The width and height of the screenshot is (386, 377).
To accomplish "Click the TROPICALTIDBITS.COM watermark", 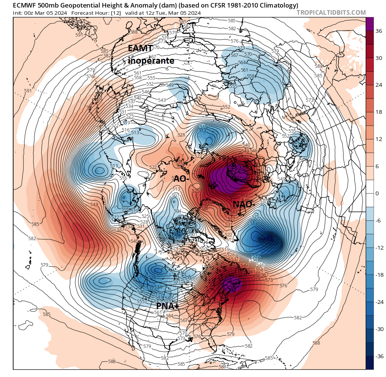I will pos(331,12).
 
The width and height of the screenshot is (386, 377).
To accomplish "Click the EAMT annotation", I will pos(140,48).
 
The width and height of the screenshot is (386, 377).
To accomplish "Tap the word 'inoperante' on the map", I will pos(151,60).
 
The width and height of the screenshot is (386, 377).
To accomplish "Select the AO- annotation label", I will pos(181,179).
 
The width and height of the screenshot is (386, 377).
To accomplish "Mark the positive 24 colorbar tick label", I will pos(377,85).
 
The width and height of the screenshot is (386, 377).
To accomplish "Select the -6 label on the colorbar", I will pos(377,221).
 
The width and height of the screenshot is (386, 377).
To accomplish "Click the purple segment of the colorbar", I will pos(370,24).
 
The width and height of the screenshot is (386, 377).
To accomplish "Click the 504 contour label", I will pos(177,211).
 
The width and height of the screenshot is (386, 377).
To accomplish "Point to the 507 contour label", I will pos(175,195).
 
